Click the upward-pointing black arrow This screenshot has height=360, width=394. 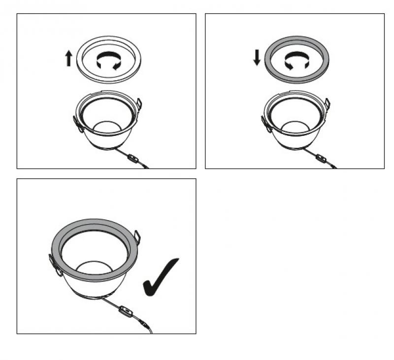[68, 59]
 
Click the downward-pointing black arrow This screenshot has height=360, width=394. [257, 58]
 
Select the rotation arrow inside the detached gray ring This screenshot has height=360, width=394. [297, 61]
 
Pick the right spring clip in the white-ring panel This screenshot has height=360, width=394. [139, 104]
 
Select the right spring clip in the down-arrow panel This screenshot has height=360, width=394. [327, 104]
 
